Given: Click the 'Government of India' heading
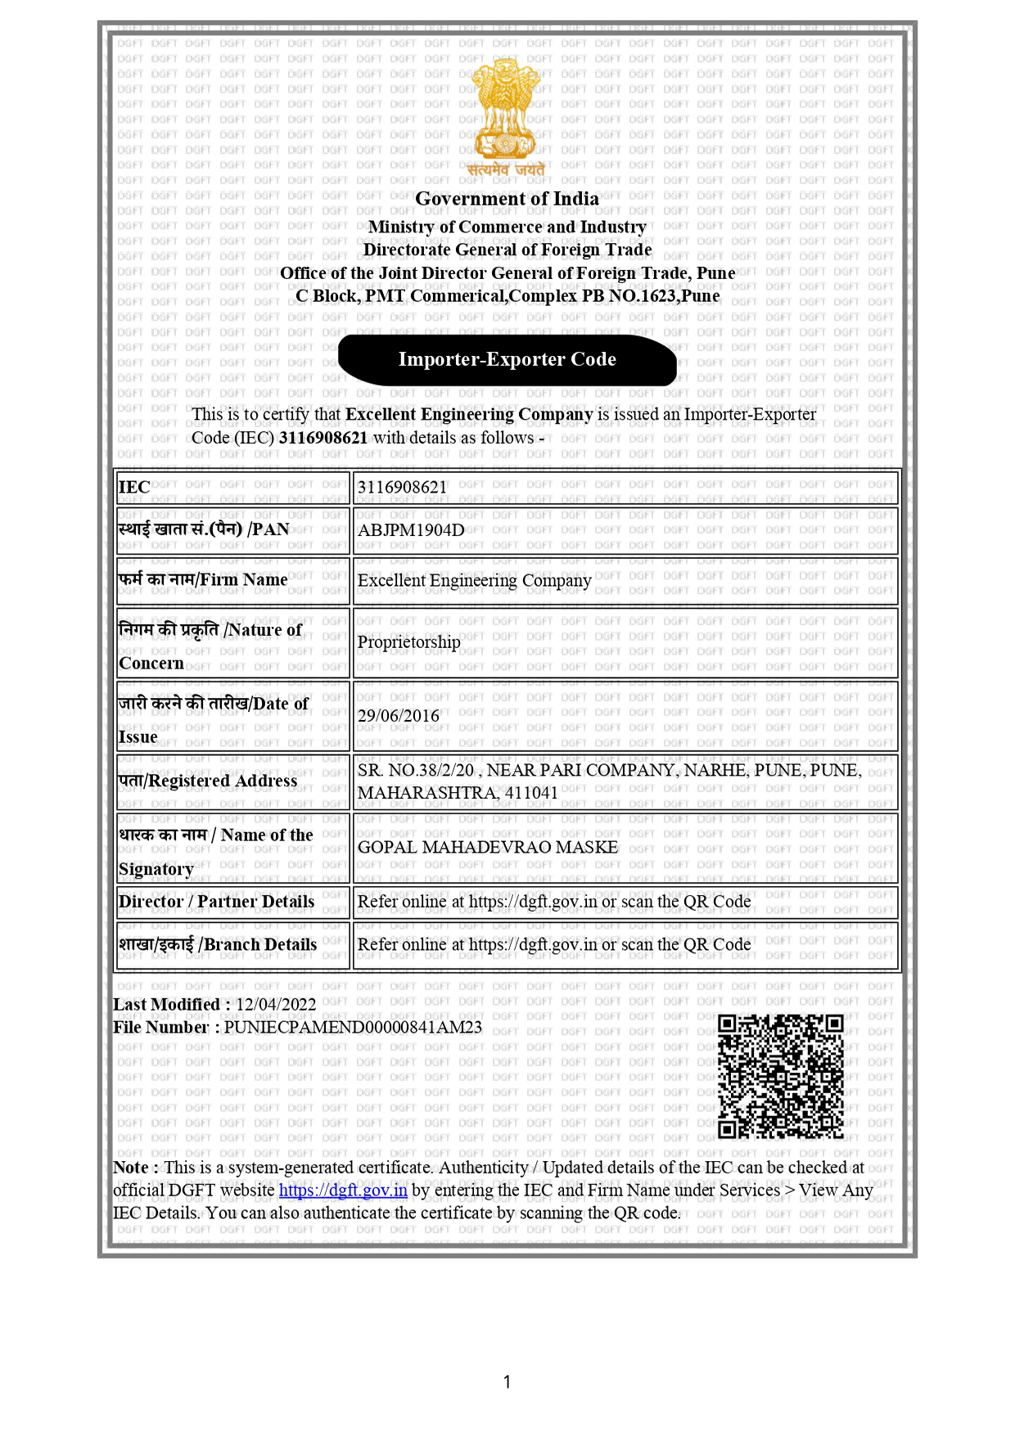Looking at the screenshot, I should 507,199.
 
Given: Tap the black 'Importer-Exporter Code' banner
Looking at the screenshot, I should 507,359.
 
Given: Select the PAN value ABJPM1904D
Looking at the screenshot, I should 411,530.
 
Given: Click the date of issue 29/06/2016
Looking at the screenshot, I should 399,716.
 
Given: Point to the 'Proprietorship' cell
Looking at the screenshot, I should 408,642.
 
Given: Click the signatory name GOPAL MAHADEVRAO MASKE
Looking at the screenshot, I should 488,848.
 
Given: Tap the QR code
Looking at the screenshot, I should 780,1076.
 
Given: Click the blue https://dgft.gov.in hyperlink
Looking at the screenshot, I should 343,1191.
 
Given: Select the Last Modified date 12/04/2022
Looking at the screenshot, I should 276,1005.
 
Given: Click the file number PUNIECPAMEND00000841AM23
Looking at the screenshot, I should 353,1028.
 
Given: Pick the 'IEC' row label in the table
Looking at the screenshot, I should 134,488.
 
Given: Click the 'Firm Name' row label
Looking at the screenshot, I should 203,580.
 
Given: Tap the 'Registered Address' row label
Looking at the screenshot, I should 208,781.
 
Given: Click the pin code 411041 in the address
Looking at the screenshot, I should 531,793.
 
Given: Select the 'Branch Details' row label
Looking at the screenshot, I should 218,945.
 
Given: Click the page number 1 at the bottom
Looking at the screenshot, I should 507,1382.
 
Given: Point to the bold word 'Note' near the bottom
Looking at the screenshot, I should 131,1168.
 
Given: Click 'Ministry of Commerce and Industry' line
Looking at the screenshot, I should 507,227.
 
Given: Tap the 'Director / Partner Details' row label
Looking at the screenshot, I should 216,902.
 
